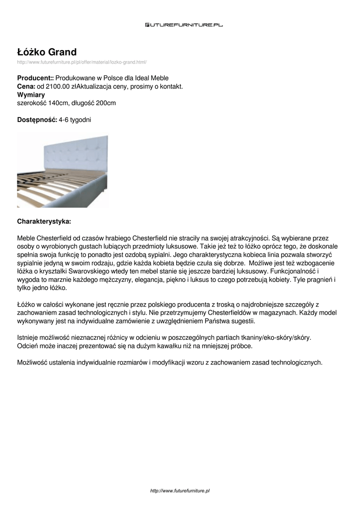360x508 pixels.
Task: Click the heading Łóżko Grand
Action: (47, 52)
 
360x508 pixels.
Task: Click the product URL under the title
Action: (82, 62)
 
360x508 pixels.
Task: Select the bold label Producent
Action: (35, 78)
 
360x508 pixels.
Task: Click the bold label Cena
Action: (26, 86)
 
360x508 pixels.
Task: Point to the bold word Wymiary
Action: (31, 95)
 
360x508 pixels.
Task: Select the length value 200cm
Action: (105, 103)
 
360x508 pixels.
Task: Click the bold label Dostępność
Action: (37, 120)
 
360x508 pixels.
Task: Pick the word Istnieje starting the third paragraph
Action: (29, 337)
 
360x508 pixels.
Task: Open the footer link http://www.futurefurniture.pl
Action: (180, 491)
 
